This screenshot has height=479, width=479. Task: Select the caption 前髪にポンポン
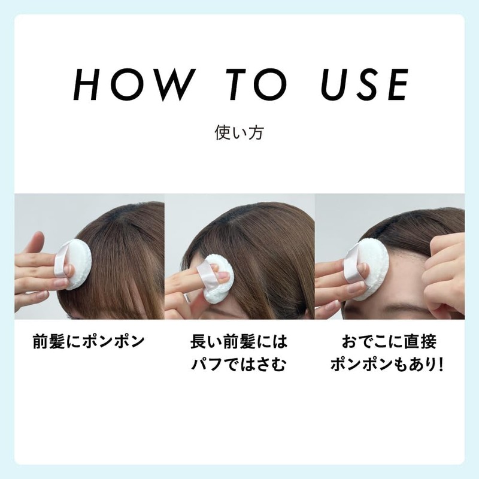point(89,342)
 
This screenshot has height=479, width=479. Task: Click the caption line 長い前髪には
point(239,342)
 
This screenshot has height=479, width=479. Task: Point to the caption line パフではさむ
point(239,364)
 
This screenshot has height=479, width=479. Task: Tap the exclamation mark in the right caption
point(441,364)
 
